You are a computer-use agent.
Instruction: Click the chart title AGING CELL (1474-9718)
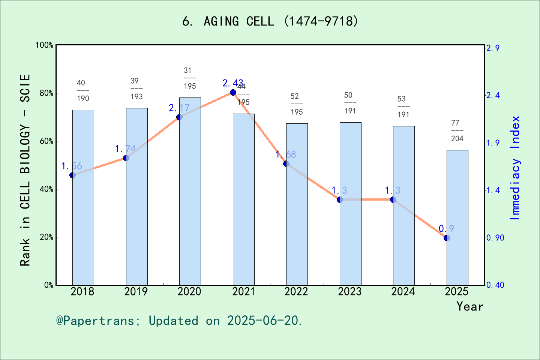point(270,21)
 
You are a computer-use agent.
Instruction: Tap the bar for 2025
point(457,217)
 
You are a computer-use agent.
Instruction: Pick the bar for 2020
point(190,191)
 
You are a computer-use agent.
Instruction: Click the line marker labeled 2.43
point(233,93)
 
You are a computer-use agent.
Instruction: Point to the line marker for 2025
point(447,238)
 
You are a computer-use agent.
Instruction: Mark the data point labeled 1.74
point(126,158)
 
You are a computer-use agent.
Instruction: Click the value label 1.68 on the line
point(286,154)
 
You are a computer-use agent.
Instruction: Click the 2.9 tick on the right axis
point(493,48)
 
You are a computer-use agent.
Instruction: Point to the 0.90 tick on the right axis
point(495,238)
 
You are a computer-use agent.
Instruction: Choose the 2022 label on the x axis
point(296,291)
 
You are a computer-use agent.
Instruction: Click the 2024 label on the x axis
point(403,291)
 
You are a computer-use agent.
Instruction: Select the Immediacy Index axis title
point(516,168)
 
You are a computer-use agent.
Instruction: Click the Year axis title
point(470,306)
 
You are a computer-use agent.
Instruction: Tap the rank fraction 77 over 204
point(457,131)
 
